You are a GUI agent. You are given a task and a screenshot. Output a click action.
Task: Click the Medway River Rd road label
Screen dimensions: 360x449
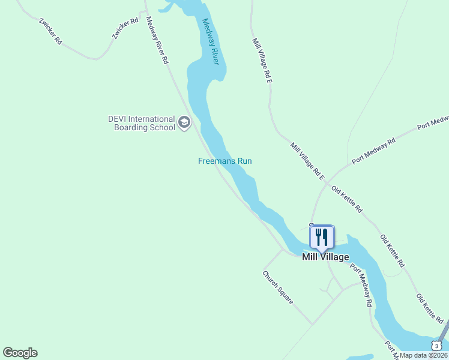[157, 41]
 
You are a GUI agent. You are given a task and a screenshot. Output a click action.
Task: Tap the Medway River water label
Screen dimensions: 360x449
[211, 41]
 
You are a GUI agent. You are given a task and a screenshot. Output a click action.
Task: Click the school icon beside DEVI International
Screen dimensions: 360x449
[184, 124]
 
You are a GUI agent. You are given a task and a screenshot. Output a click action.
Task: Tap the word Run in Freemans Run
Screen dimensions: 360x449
[244, 161]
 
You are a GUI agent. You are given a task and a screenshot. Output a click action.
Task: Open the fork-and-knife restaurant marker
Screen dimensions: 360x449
[322, 238]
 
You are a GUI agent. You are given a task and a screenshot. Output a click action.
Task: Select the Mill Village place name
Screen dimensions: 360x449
[325, 257]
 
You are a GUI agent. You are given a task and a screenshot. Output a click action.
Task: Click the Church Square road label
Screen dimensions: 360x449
[278, 287]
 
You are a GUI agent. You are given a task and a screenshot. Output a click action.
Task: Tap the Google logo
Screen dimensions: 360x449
[20, 353]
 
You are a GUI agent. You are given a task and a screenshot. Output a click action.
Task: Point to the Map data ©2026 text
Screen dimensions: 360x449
[424, 355]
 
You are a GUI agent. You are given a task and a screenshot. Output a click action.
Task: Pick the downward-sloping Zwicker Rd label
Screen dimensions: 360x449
[50, 31]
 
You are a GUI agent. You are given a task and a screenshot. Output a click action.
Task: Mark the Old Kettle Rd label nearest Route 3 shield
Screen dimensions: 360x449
[430, 307]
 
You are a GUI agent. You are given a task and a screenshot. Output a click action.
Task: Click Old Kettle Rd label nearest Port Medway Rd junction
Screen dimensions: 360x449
[347, 201]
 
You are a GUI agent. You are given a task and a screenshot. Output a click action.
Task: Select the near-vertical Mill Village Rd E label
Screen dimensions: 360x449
[263, 60]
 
